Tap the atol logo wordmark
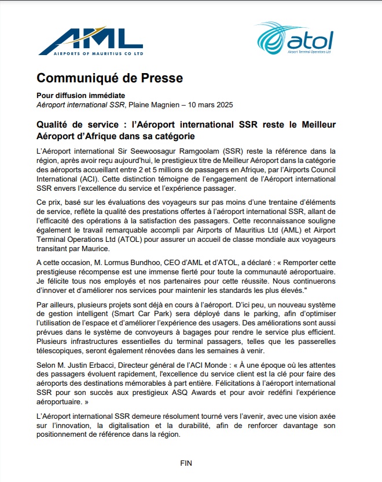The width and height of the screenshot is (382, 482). point(313,41)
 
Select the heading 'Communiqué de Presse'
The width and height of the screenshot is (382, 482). point(109,78)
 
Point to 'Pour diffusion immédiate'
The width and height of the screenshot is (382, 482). point(80,95)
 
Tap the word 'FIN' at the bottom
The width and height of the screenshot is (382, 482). point(186,463)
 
